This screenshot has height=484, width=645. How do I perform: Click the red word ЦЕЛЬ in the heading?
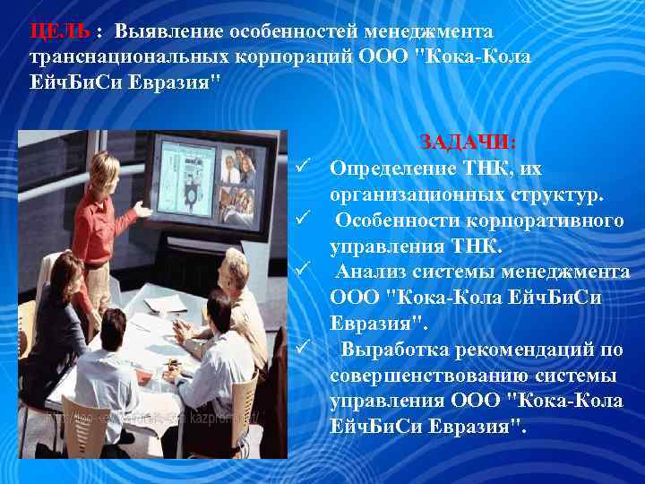pos(59,31)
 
